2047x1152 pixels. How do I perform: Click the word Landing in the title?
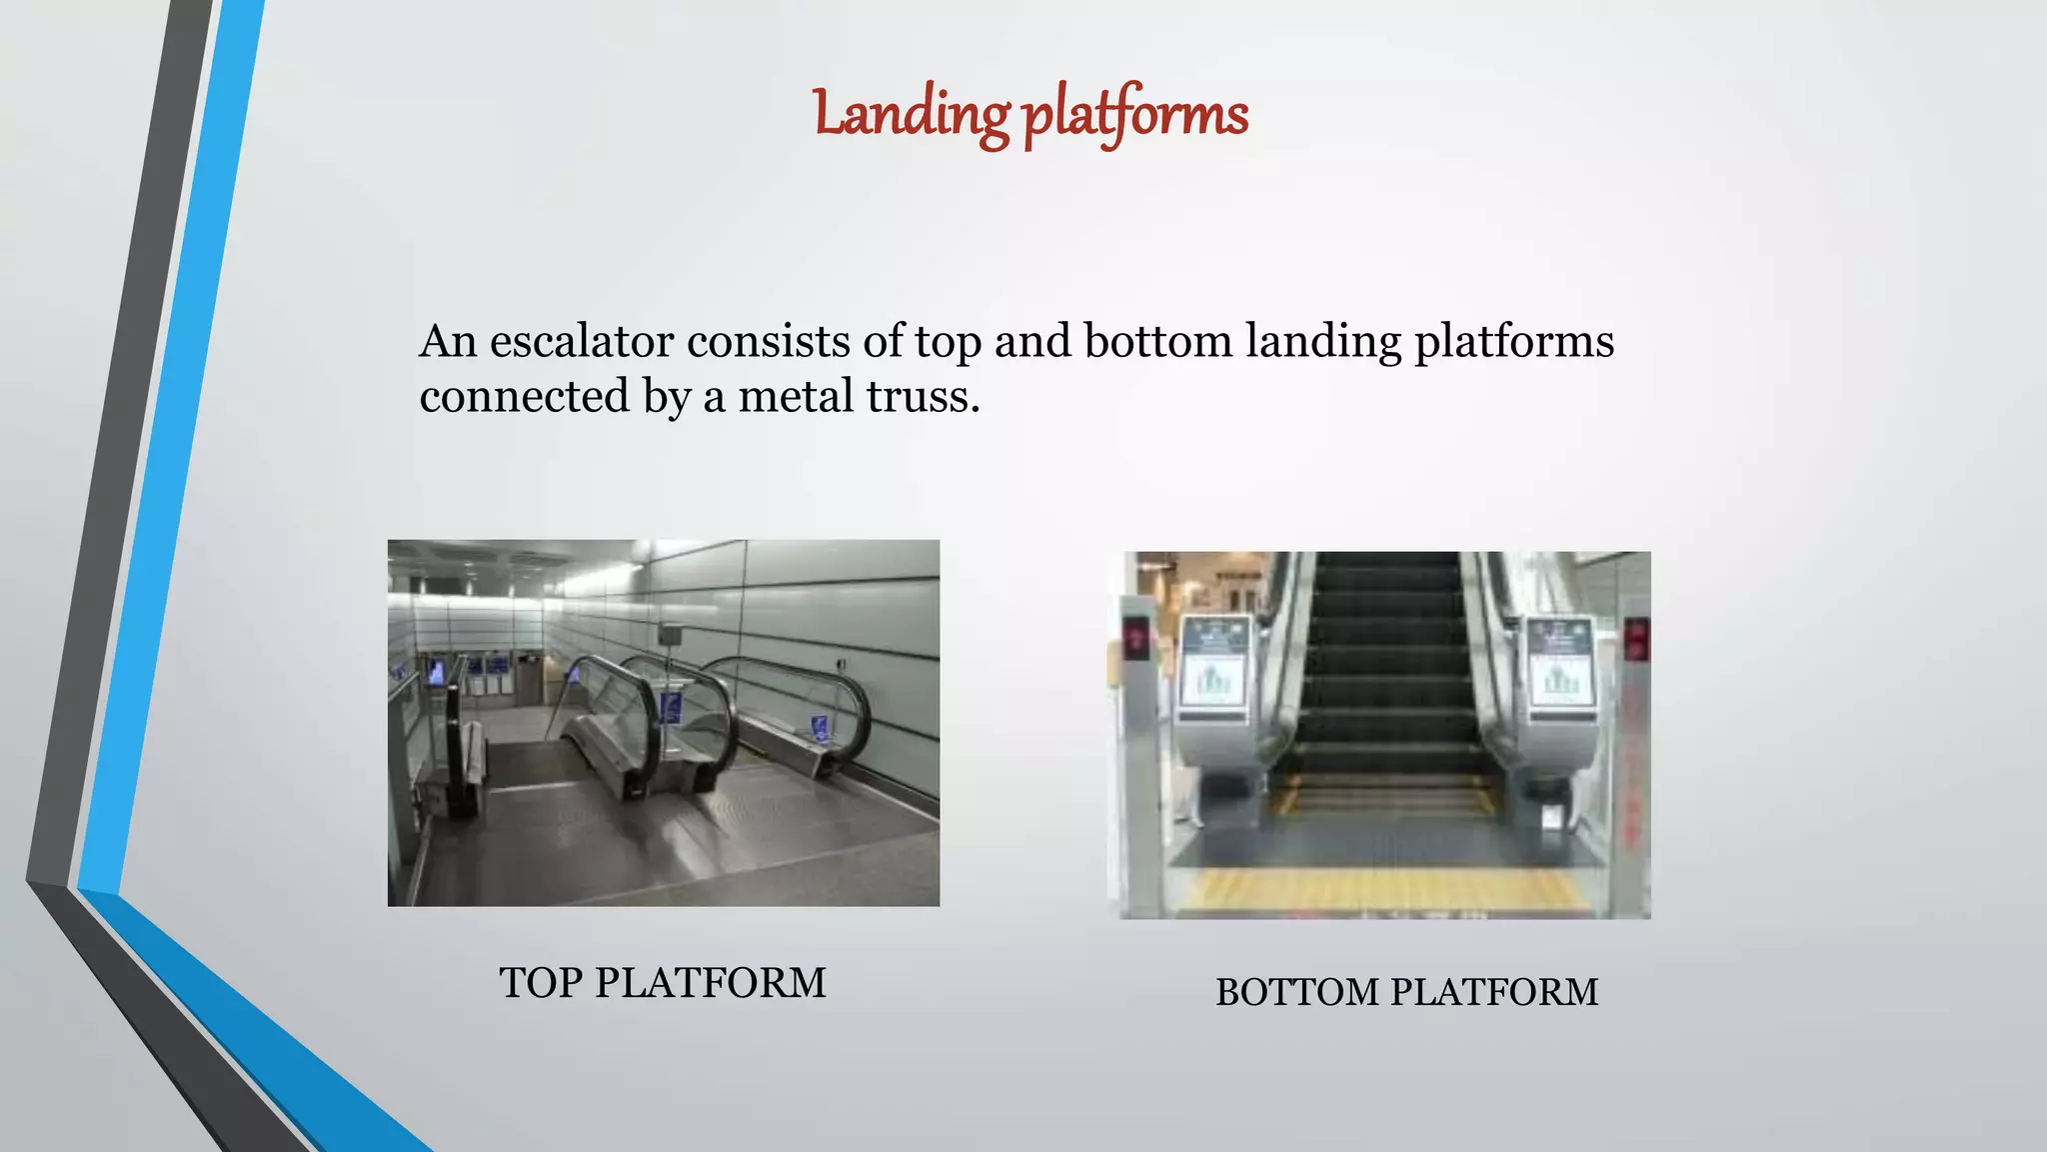click(911, 114)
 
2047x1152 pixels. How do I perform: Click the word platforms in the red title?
click(1135, 114)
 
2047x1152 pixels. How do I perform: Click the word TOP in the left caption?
click(540, 983)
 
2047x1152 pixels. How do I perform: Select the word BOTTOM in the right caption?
click(1296, 993)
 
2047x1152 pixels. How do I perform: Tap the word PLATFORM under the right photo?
click(1494, 993)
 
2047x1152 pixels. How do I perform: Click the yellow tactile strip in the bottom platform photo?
click(1384, 889)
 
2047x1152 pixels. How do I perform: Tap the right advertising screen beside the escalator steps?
click(1561, 665)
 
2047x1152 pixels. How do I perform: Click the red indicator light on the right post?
click(1635, 638)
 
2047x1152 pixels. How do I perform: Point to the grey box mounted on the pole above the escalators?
click(670, 634)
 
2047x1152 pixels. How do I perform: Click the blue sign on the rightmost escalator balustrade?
click(821, 727)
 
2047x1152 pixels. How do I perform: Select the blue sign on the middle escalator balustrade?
click(670, 708)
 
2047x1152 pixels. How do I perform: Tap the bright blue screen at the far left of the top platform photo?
click(437, 671)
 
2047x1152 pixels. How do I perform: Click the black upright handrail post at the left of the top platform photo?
click(455, 745)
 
